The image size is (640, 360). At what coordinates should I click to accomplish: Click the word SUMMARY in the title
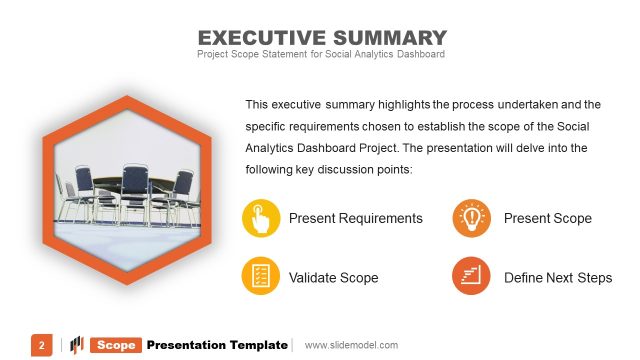pyautogui.click(x=384, y=38)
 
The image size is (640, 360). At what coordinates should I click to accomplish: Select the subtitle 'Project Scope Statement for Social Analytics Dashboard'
pyautogui.click(x=320, y=54)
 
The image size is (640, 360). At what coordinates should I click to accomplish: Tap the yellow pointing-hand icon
pyautogui.click(x=261, y=218)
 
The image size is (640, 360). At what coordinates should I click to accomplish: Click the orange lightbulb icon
pyautogui.click(x=471, y=218)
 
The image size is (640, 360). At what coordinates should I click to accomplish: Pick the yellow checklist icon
pyautogui.click(x=261, y=277)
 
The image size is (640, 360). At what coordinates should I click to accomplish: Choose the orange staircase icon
pyautogui.click(x=471, y=277)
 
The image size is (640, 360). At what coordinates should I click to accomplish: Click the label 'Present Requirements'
pyautogui.click(x=355, y=218)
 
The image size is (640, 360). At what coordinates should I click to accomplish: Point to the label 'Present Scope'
pyautogui.click(x=547, y=218)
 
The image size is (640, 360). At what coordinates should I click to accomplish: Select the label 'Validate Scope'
pyautogui.click(x=333, y=277)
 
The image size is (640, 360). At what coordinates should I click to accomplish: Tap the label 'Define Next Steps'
pyautogui.click(x=557, y=277)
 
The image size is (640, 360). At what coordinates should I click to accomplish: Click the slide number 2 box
pyautogui.click(x=42, y=345)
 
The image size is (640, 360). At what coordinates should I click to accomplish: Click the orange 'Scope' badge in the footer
pyautogui.click(x=116, y=345)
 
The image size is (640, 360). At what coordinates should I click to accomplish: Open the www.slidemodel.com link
pyautogui.click(x=351, y=345)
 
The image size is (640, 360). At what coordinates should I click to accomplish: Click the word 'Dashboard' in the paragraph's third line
pyautogui.click(x=337, y=147)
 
